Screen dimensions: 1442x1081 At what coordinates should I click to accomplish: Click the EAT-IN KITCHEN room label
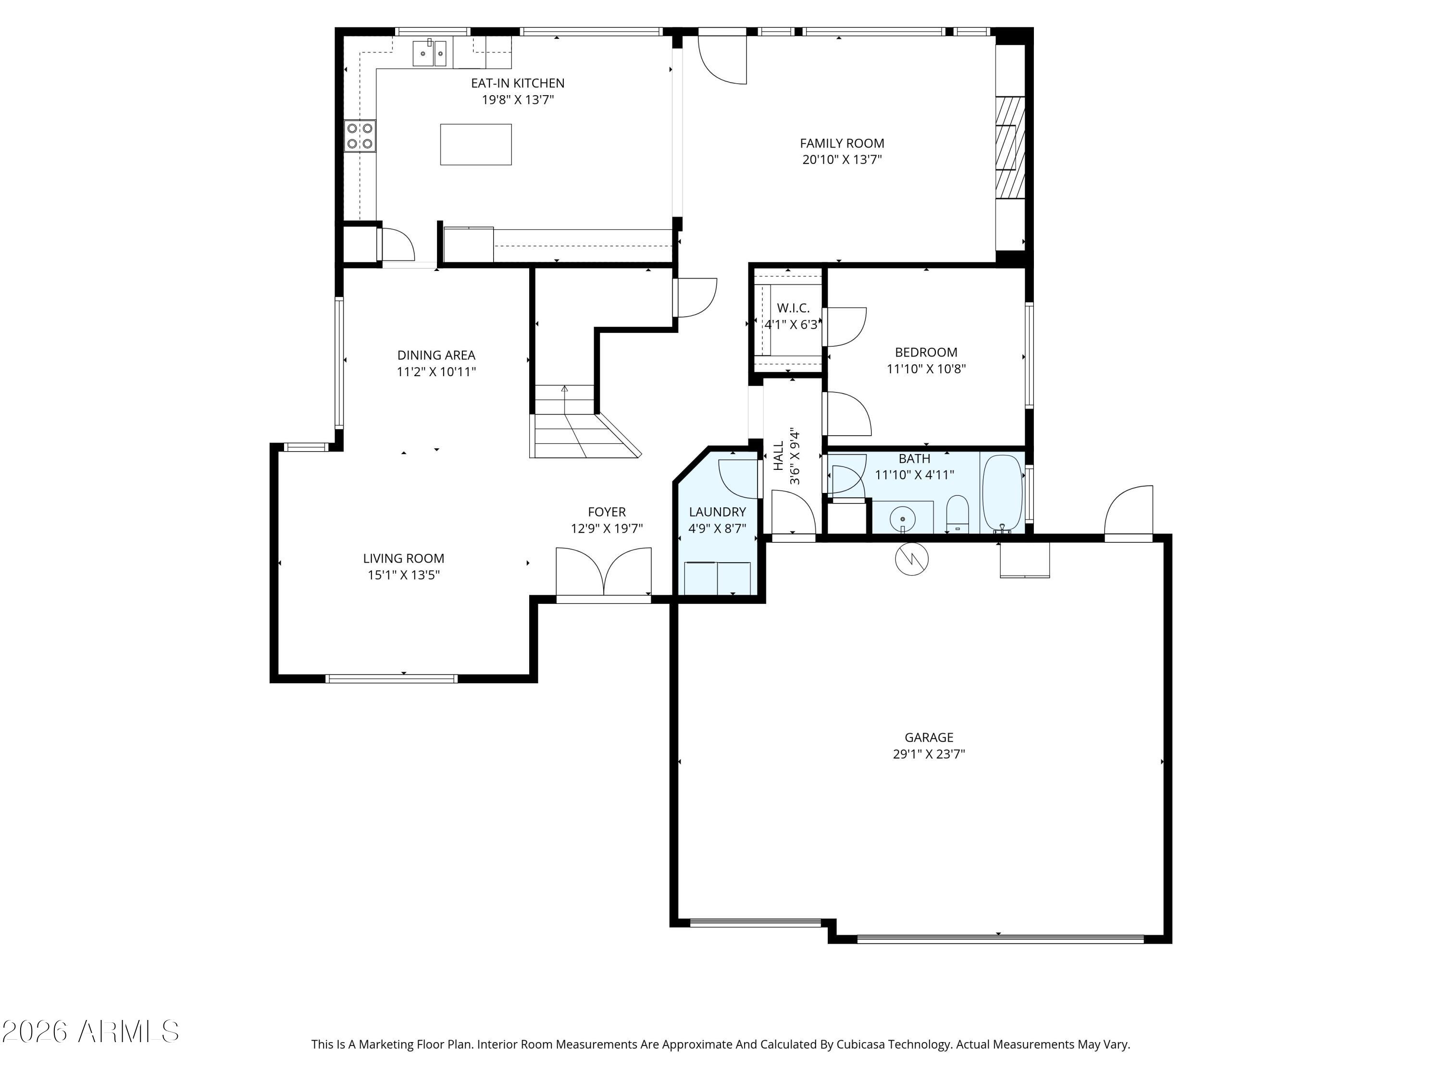click(x=518, y=84)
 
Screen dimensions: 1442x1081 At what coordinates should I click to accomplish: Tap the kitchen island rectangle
click(x=476, y=145)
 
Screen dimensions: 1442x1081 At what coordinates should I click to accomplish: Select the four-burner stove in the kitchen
click(x=360, y=136)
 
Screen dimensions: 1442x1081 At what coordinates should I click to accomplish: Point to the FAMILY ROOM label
click(x=842, y=143)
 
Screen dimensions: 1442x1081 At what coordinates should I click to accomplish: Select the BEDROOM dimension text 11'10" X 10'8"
click(x=926, y=369)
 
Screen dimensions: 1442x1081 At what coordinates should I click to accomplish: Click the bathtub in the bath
click(x=1002, y=492)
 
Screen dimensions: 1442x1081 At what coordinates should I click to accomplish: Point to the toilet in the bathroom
click(x=957, y=514)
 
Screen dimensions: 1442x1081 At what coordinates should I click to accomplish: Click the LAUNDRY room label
click(x=717, y=512)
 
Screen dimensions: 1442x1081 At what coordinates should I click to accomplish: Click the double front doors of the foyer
click(x=604, y=572)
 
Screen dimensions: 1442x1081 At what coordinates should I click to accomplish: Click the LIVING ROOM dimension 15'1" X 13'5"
click(x=404, y=575)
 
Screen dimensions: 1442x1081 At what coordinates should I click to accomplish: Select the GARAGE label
click(x=929, y=737)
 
